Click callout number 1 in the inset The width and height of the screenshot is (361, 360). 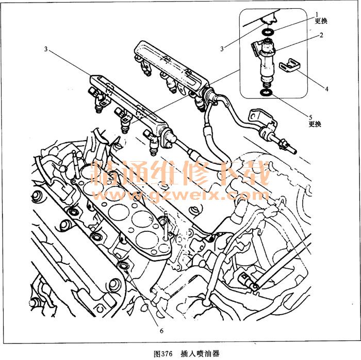317,15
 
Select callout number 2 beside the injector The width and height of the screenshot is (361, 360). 321,35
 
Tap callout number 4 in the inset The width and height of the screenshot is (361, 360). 326,89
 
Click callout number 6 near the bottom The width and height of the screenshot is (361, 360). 161,331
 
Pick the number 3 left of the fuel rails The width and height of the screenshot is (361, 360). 46,49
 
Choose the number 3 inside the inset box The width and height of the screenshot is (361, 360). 222,48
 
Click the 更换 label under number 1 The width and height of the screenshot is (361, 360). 321,21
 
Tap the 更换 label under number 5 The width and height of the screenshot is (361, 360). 315,124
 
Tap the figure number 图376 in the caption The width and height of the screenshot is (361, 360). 163,354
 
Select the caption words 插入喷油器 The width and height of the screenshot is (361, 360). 200,354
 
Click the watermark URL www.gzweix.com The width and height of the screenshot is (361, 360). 180,195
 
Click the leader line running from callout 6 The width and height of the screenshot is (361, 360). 143,298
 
